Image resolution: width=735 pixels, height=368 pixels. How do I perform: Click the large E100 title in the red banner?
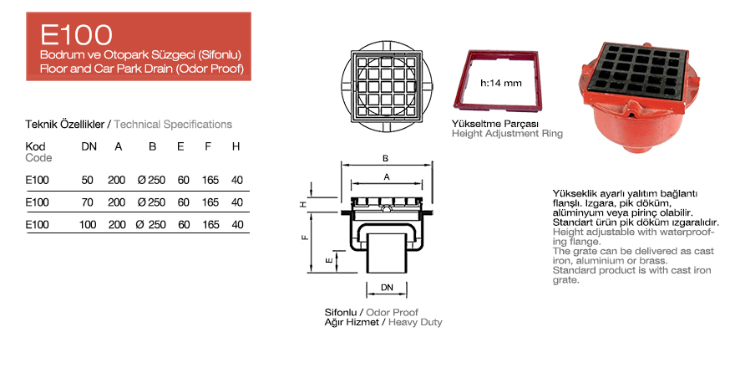(76, 35)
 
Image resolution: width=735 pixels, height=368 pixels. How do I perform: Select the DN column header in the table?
(89, 147)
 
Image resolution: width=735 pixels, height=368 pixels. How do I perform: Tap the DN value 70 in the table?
(87, 202)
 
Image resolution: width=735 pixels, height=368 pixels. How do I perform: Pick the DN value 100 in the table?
(88, 225)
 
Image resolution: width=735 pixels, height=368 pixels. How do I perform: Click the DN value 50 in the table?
(87, 180)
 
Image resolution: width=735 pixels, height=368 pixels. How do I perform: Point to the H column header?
(236, 147)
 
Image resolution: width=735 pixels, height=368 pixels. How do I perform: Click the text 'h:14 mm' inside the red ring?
(501, 84)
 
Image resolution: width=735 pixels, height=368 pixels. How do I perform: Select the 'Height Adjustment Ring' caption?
(507, 134)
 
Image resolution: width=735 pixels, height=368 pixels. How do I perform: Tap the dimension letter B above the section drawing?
(385, 159)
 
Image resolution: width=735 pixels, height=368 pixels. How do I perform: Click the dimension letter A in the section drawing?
(386, 177)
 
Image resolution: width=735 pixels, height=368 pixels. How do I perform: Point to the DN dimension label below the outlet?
(387, 287)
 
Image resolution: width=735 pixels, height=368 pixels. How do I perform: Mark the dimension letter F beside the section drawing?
(305, 237)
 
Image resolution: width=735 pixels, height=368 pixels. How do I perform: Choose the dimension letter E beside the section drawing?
(330, 259)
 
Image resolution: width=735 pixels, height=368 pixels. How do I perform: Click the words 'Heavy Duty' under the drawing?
(415, 323)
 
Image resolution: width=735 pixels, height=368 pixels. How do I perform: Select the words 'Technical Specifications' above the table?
(173, 125)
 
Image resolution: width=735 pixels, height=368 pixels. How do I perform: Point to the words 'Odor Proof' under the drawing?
(393, 312)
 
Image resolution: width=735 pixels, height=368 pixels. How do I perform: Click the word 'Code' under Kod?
(38, 158)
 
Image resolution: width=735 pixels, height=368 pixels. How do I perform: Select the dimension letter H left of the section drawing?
(304, 204)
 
